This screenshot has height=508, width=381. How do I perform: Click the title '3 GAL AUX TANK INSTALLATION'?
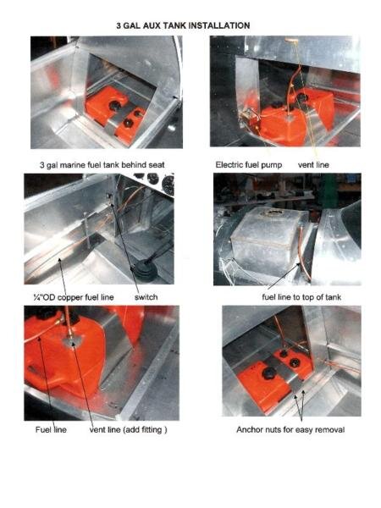(183, 25)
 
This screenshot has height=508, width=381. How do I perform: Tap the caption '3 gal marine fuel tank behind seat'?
(102, 165)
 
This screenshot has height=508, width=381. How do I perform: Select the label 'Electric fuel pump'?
(249, 165)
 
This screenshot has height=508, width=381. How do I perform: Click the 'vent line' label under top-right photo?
(313, 165)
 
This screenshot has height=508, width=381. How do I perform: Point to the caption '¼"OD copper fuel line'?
(74, 297)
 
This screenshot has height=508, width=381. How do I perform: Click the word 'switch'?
(146, 297)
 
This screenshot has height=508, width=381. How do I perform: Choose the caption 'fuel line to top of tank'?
(301, 297)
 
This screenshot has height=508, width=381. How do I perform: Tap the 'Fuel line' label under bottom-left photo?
(51, 430)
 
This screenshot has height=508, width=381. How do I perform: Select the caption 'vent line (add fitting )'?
(129, 430)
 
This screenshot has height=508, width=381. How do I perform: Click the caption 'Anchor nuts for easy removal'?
(290, 430)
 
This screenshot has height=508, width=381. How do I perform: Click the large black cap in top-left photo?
(114, 105)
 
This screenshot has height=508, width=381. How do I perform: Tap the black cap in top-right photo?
(302, 97)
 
